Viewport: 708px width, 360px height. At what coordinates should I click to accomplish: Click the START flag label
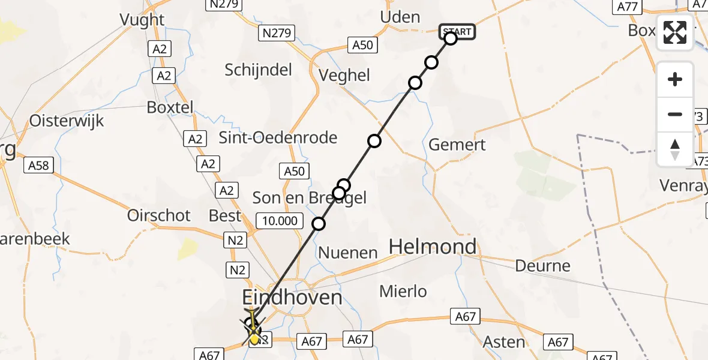click(x=458, y=31)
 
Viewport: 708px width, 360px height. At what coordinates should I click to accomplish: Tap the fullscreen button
click(x=675, y=32)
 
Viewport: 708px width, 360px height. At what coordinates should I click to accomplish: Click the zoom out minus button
click(x=675, y=114)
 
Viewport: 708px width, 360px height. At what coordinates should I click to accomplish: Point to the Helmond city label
click(x=433, y=247)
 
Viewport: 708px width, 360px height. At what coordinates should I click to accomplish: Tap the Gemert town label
click(x=457, y=145)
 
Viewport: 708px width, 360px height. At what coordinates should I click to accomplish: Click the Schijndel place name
click(x=259, y=70)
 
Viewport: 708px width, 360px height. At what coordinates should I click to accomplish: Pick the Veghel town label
click(x=344, y=76)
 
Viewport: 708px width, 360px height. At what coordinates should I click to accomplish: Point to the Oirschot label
click(x=159, y=215)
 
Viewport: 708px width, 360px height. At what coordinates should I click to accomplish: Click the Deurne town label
click(x=543, y=266)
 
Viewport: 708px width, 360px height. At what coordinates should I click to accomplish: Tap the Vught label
click(x=142, y=20)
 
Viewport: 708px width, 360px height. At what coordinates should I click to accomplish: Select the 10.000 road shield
click(x=279, y=221)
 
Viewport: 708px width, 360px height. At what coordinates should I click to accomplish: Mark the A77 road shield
click(x=626, y=7)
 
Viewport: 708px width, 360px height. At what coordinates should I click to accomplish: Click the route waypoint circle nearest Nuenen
click(x=319, y=224)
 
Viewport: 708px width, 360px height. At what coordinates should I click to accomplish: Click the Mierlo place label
click(x=404, y=292)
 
